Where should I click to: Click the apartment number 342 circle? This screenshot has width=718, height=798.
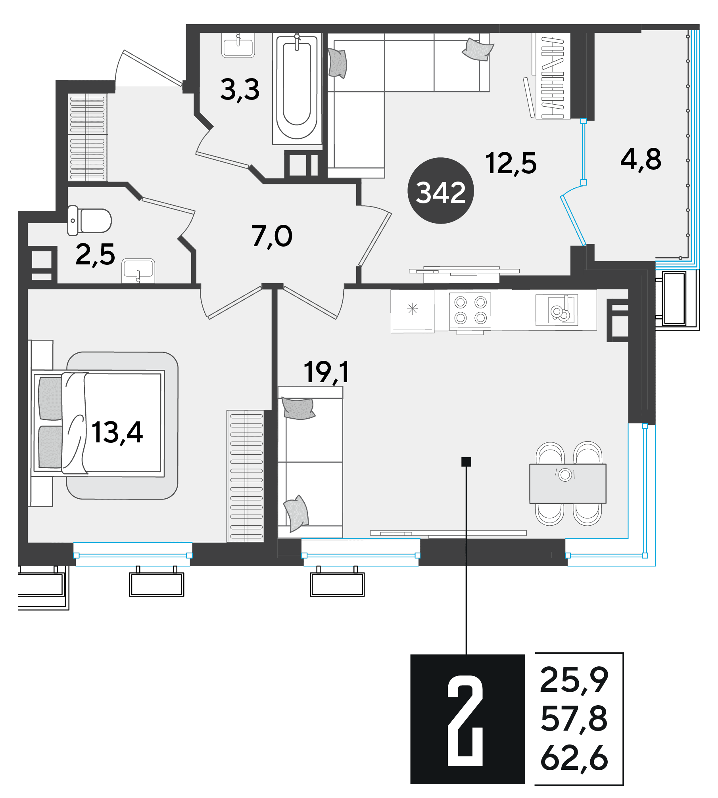pos(440,191)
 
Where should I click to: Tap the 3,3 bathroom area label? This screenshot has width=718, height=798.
pos(240,90)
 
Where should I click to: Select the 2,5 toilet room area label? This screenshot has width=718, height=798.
pos(95,255)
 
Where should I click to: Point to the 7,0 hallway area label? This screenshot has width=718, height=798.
pos(272,236)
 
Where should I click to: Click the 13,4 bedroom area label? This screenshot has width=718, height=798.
pos(117,432)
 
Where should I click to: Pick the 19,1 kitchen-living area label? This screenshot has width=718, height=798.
pos(326,373)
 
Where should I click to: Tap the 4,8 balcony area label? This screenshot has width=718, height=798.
pos(641,160)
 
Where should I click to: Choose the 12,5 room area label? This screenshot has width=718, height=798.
pos(511,163)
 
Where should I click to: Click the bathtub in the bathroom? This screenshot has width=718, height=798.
pos(297,88)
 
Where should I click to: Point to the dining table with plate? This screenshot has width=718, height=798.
pos(568,483)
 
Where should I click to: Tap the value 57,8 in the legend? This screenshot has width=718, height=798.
pos(574,718)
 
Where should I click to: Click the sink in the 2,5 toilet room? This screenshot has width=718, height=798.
pos(138,271)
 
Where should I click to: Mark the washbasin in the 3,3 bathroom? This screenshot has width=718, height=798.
pos(238,46)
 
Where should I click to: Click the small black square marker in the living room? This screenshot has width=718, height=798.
pos(466,461)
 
